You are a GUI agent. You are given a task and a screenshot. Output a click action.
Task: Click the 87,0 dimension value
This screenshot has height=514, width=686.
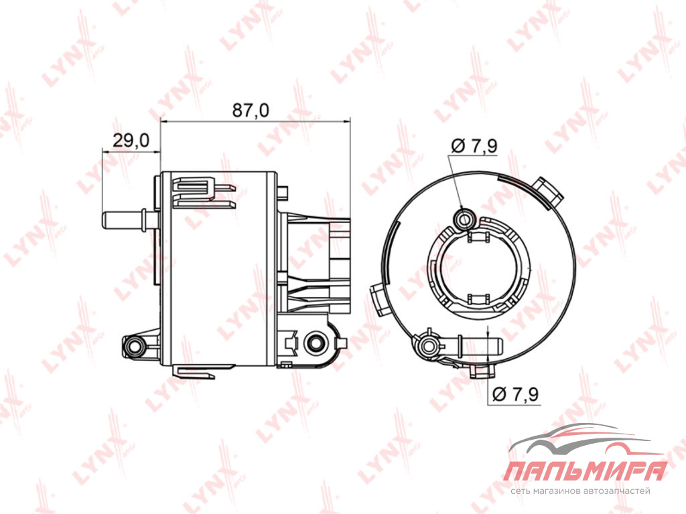(251, 110)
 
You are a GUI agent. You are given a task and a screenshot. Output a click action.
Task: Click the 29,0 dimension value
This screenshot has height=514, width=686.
(131, 141)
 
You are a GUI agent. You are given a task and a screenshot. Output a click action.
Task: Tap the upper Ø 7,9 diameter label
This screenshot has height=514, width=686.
(474, 145)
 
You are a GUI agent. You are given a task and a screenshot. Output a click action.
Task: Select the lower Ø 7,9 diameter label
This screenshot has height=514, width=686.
(515, 394)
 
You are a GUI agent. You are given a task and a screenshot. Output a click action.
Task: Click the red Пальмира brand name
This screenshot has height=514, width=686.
(586, 472)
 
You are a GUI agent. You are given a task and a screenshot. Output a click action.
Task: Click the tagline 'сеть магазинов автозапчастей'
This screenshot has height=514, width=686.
(580, 491)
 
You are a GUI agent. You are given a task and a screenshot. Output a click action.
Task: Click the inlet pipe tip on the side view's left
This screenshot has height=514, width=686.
(105, 220)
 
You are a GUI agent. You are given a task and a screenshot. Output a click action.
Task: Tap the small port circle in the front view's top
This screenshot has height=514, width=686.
(464, 218)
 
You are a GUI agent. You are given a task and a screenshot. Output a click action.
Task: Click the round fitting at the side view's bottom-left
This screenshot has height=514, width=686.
(133, 347)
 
